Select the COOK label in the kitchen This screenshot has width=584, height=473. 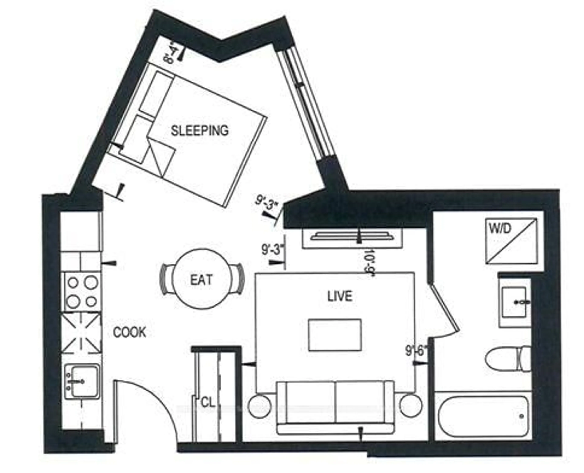[x=130, y=332]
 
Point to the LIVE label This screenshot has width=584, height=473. [x=340, y=296]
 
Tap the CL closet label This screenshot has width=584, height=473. [x=208, y=403]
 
